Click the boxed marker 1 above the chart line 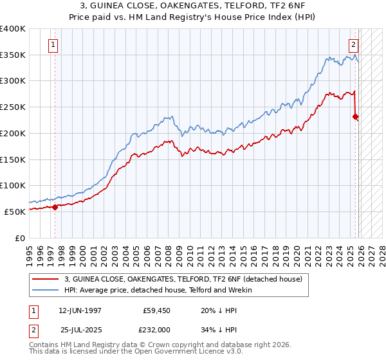click(x=53, y=45)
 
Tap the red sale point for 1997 click(x=55, y=207)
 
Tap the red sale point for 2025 click(x=355, y=116)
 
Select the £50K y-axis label click(x=15, y=212)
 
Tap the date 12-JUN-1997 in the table click(x=80, y=310)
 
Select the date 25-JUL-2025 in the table click(x=80, y=329)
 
